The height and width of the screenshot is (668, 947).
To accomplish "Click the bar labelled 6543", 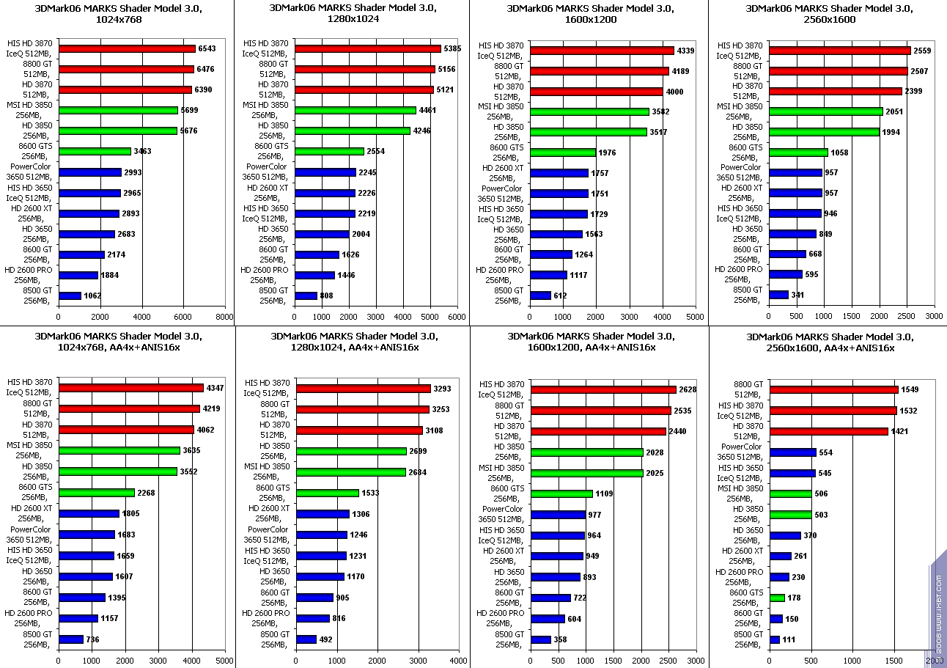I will pyautogui.click(x=127, y=48).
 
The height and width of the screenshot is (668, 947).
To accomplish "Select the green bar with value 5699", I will pyautogui.click(x=118, y=110).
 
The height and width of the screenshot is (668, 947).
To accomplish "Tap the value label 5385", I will pyautogui.click(x=453, y=48).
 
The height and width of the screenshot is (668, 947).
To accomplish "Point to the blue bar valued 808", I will pyautogui.click(x=306, y=296).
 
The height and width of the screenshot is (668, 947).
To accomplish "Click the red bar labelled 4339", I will pyautogui.click(x=602, y=51).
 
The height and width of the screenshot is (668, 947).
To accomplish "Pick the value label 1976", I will pyautogui.click(x=607, y=153).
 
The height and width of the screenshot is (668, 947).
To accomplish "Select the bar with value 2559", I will pyautogui.click(x=839, y=51).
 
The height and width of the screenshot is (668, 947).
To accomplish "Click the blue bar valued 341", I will pyautogui.click(x=778, y=295).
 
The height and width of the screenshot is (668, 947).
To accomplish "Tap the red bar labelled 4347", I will pyautogui.click(x=131, y=388).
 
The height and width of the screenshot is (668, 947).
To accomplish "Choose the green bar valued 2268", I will pyautogui.click(x=97, y=493).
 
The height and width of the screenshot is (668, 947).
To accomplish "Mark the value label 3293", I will pyautogui.click(x=443, y=389).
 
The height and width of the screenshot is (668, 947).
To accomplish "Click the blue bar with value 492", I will pyautogui.click(x=306, y=639).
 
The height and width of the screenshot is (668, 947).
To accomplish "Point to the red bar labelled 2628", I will pyautogui.click(x=603, y=389).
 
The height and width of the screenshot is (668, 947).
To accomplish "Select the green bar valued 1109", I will pyautogui.click(x=561, y=494).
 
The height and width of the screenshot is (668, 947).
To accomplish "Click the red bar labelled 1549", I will pyautogui.click(x=834, y=389).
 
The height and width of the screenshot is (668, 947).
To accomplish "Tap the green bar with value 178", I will pyautogui.click(x=777, y=598).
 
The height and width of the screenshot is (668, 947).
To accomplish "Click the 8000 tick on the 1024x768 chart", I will pyautogui.click(x=224, y=317).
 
